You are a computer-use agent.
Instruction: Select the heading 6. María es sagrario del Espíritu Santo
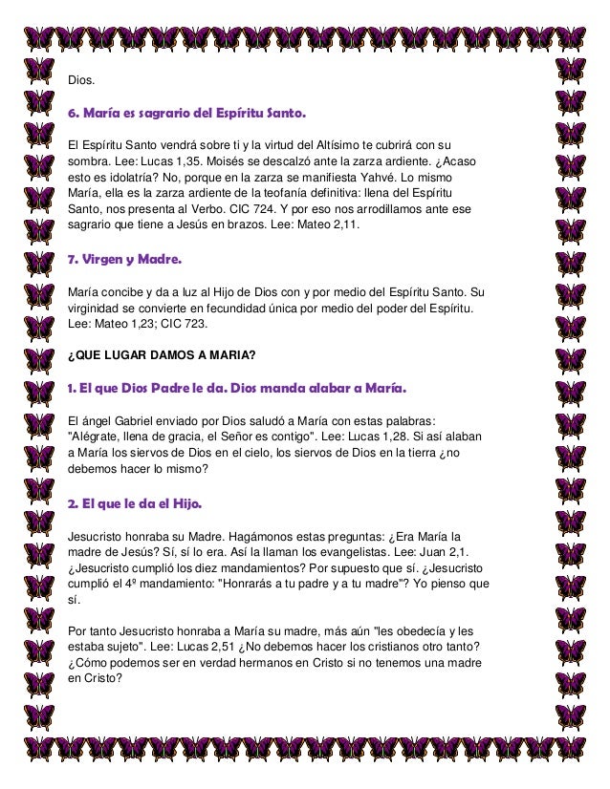tap(186, 116)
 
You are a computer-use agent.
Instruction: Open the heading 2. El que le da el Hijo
tap(134, 503)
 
